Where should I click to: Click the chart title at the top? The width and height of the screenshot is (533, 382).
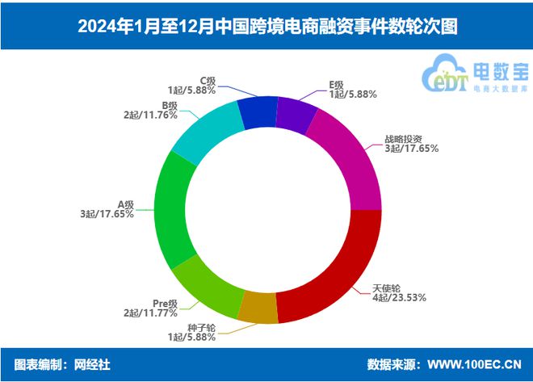[x=266, y=26]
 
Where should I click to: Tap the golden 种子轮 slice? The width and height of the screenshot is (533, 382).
[x=258, y=307]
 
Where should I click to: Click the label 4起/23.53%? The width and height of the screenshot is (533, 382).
[x=400, y=297]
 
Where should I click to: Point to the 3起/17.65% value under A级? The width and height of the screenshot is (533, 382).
[x=107, y=214]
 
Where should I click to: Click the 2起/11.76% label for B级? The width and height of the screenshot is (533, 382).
[x=150, y=115]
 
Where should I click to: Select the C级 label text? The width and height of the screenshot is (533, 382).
[x=208, y=80]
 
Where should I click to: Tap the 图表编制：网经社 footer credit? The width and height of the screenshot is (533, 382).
[x=62, y=365]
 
